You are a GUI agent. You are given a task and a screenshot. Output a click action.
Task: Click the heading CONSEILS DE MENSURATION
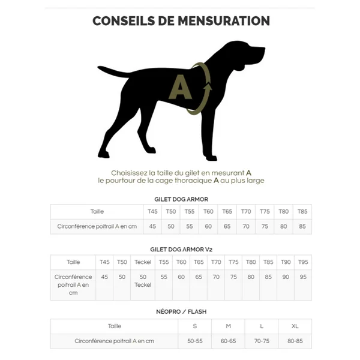click(181, 21)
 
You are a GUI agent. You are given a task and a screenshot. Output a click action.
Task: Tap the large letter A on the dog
click(180, 87)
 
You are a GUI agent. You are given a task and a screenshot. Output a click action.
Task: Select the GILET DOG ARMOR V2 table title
click(181, 248)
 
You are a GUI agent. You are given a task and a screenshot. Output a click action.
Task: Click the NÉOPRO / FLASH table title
click(181, 312)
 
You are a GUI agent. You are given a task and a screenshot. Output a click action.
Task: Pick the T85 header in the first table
click(302, 211)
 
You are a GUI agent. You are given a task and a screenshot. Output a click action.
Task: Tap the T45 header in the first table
click(152, 211)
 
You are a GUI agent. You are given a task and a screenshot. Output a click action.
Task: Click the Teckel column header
click(143, 262)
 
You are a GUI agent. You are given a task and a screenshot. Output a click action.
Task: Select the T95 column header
click(303, 262)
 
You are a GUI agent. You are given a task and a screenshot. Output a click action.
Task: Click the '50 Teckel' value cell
click(143, 281)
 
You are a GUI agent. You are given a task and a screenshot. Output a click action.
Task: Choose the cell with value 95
click(303, 277)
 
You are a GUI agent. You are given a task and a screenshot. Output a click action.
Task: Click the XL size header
click(295, 326)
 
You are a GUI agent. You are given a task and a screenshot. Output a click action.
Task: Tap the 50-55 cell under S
click(194, 341)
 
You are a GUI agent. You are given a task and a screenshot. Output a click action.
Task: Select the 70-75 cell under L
click(262, 341)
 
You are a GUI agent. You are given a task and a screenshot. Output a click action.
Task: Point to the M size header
click(228, 326)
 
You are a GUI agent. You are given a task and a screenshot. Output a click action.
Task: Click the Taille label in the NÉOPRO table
click(114, 326)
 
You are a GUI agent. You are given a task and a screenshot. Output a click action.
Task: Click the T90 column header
click(286, 262)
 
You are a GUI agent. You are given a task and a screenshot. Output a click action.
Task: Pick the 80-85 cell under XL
click(295, 341)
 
